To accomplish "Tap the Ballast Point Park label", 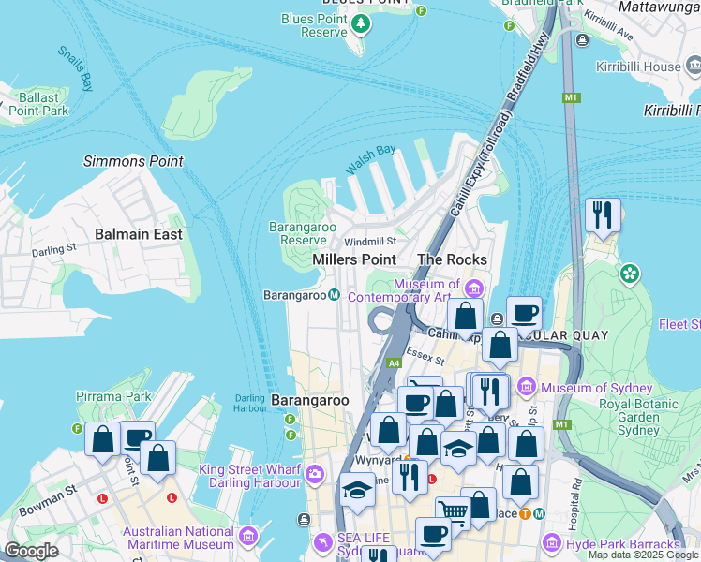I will point(38,104).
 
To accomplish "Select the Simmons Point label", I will point(133,161).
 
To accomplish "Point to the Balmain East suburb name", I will point(139,234).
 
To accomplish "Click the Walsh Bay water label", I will point(371,159).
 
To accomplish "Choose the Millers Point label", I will point(353,259).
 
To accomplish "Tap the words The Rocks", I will point(452,259).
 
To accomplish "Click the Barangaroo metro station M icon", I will point(335,295).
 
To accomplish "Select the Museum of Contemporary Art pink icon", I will point(473,286).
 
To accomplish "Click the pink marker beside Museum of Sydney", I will point(526,387).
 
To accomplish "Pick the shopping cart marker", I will point(454,510).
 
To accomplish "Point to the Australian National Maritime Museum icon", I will point(248,536).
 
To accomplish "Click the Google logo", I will point(31,551).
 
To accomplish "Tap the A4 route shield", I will point(394,362).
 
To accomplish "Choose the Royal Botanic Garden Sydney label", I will point(629,417).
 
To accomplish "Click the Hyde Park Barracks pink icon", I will point(552,544).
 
